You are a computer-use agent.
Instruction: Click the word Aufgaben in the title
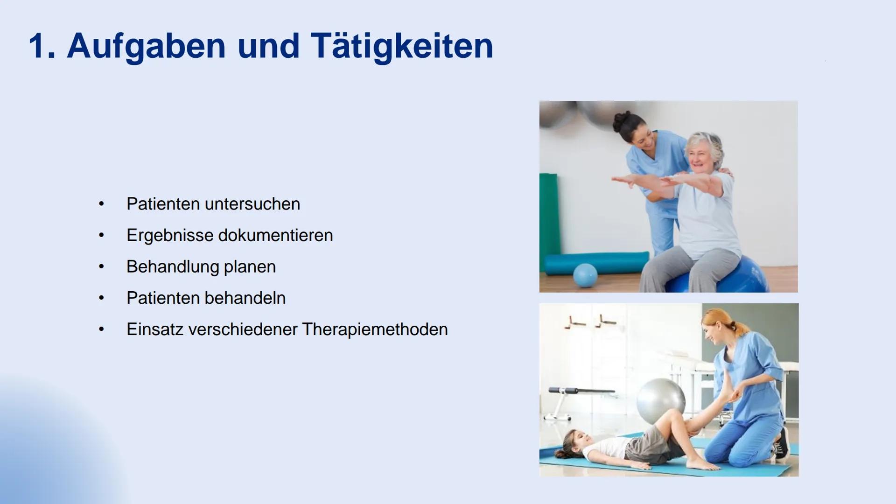146,47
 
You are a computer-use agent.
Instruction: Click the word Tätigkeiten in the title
402,46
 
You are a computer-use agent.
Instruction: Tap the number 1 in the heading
39,46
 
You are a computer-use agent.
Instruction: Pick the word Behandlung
173,267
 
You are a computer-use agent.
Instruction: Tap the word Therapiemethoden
375,329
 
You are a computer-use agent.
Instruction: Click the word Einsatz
155,329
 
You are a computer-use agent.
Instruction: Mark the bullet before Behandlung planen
101,267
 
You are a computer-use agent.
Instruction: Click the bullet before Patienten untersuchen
101,204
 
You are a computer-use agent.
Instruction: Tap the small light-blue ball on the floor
585,275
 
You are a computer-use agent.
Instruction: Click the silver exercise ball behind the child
661,400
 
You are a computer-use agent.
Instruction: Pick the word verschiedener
243,329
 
